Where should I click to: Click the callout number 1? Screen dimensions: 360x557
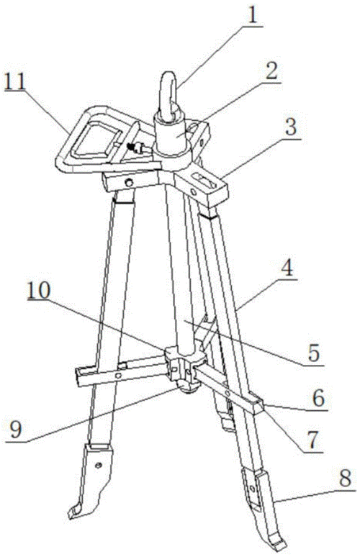pos(252,14)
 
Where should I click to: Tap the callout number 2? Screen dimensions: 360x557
pos(271,71)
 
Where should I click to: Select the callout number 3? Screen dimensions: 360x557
pos(291,127)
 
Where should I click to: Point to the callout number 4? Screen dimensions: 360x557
pos(287,268)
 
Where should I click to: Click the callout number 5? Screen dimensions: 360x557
pos(313,353)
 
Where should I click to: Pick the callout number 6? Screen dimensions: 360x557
pos(318,398)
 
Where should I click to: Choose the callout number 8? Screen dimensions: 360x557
pos(345,478)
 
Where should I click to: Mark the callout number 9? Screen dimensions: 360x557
pos(16,429)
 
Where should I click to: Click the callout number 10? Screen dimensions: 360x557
pos(39,291)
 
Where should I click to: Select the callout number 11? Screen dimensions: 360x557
pos(16,82)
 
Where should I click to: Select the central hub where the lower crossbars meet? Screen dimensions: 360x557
pos(184,367)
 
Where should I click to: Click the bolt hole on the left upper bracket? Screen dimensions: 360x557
pos(130,183)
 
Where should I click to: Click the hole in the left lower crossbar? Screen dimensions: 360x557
pos(119,375)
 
